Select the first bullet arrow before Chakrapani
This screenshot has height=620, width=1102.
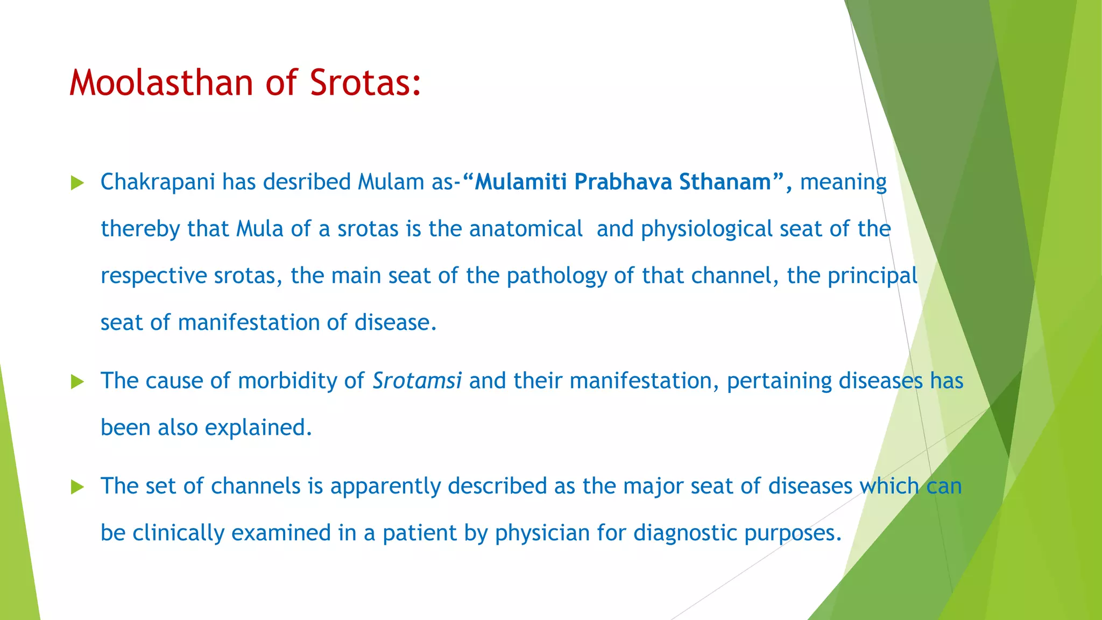pyautogui.click(x=77, y=183)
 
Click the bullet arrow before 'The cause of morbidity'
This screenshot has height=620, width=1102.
pyautogui.click(x=77, y=382)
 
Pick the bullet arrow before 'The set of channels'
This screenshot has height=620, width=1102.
pyautogui.click(x=77, y=487)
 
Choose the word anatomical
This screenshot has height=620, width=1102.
pyautogui.click(x=526, y=229)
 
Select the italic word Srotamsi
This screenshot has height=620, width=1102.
pyautogui.click(x=417, y=381)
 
